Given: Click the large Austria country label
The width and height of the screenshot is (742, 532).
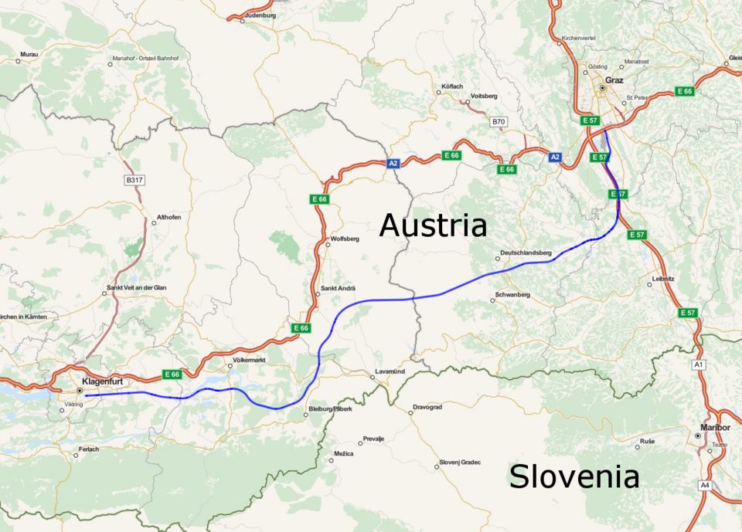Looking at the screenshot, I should [433, 225].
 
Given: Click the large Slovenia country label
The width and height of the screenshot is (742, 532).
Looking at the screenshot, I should [574, 476].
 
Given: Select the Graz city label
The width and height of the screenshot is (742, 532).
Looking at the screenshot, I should [614, 80].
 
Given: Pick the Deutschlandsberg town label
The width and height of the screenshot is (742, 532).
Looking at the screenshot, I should [526, 252].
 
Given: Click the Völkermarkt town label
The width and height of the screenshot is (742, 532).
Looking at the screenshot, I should [249, 360].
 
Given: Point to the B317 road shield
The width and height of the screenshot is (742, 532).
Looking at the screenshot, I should [134, 179].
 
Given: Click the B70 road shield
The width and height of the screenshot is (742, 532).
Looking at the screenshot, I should [499, 122].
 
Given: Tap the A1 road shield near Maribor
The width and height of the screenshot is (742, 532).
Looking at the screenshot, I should [699, 364].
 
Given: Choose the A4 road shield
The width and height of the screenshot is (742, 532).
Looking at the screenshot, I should [704, 485].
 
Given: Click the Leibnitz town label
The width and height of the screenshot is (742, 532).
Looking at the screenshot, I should [663, 278].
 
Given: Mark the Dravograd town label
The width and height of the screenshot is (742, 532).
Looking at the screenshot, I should [427, 406].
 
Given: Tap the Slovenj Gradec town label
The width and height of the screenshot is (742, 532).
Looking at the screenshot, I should [460, 462].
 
